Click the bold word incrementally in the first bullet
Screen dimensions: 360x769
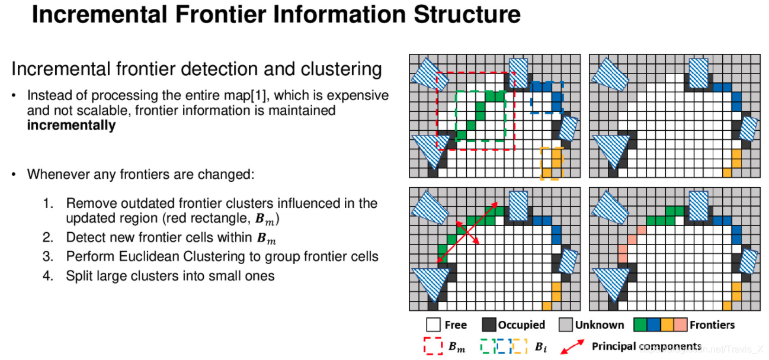[71, 126]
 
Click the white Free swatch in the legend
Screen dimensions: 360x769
[433, 324]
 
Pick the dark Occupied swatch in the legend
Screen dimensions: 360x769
[488, 324]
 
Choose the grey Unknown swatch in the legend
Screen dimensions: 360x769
[566, 324]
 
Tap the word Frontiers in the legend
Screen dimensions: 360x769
[712, 324]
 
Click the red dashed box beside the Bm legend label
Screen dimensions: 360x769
[433, 346]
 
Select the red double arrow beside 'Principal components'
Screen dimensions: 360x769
[572, 347]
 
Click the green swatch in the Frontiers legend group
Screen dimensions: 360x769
[640, 324]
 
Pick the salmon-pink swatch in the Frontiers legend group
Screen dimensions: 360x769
[680, 324]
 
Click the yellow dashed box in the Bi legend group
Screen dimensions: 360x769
[519, 346]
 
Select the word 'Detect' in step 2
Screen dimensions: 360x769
[84, 238]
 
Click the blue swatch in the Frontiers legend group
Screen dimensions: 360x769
[653, 324]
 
